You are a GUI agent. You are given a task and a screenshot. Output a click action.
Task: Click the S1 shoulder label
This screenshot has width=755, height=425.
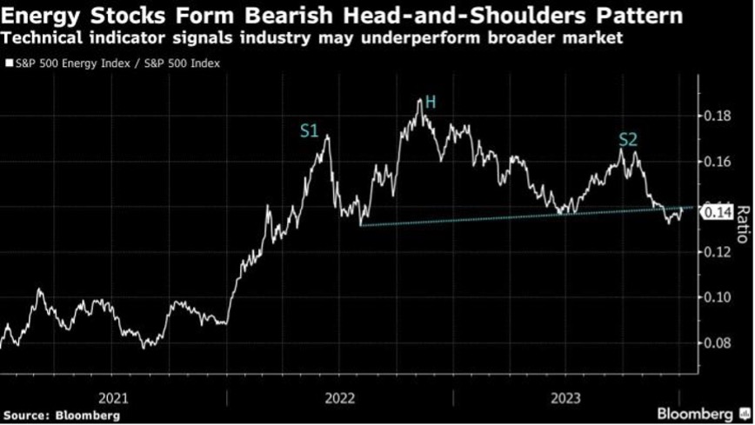(x=309, y=132)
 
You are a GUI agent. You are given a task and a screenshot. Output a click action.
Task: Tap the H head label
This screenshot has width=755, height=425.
(x=430, y=103)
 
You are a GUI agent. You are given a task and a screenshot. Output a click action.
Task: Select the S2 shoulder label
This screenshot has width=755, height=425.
(x=629, y=139)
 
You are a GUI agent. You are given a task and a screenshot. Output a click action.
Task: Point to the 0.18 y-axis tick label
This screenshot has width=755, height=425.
(x=717, y=116)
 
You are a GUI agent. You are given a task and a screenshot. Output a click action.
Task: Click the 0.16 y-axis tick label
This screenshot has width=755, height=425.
(x=717, y=162)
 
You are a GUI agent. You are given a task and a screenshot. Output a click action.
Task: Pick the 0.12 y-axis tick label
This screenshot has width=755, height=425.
(x=717, y=252)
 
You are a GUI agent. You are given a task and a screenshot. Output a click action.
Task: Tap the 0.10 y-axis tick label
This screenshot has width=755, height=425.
(x=717, y=297)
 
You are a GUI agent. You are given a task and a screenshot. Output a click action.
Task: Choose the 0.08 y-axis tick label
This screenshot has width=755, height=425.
(x=717, y=342)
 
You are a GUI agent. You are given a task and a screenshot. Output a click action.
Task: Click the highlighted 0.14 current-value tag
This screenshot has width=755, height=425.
(x=718, y=210)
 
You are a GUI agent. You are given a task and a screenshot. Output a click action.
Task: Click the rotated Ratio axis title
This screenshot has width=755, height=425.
(x=742, y=223)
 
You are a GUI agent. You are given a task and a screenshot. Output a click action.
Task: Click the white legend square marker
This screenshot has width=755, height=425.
(x=8, y=63)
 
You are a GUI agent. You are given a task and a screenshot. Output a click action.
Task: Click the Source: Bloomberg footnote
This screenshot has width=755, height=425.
(x=60, y=415)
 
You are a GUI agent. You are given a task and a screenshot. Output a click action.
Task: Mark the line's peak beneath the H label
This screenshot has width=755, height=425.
(x=420, y=99)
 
